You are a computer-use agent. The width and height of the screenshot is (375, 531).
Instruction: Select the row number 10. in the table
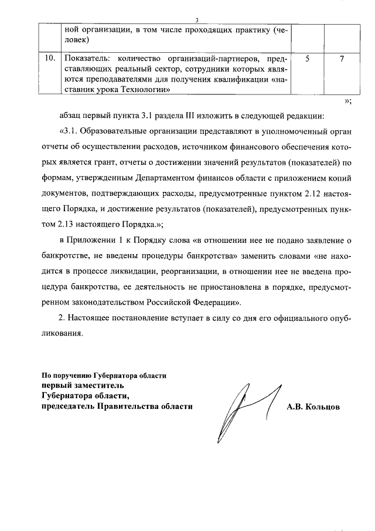click(x=51, y=59)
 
